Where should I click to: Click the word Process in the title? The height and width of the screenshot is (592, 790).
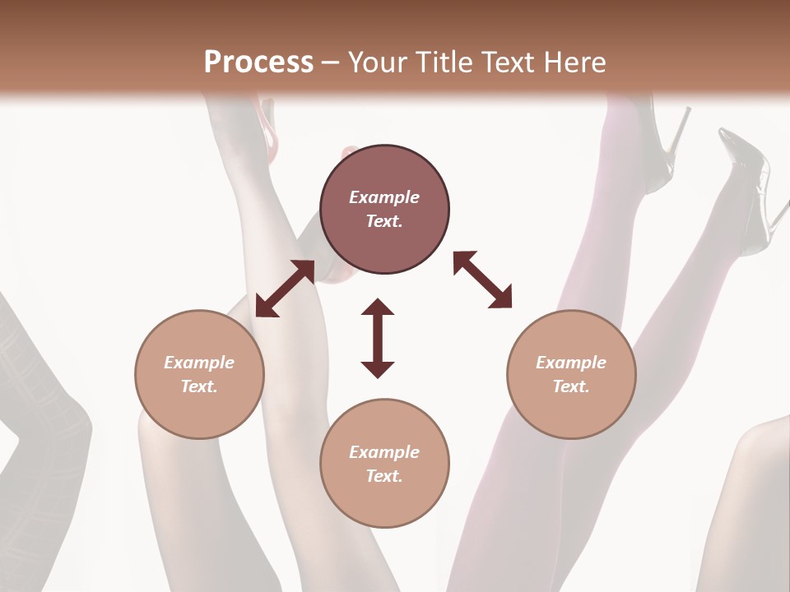[x=258, y=62]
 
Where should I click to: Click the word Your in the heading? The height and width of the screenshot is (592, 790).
[x=379, y=62]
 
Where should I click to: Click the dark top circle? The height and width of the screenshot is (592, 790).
[x=384, y=210]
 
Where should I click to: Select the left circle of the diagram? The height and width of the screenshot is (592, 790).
[x=199, y=374]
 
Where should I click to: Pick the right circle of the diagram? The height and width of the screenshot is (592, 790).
[x=571, y=374]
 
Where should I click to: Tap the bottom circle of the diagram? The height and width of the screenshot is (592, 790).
[x=384, y=464]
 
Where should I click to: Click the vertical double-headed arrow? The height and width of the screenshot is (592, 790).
[x=378, y=339]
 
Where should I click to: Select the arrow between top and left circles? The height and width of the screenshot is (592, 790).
[x=285, y=289]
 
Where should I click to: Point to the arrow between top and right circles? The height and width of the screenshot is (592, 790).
[x=482, y=280]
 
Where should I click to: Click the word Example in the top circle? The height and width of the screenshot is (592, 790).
[x=384, y=197]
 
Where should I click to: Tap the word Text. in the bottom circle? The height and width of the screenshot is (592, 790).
[x=384, y=476]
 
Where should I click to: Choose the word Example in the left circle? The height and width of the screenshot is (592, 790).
[x=199, y=363]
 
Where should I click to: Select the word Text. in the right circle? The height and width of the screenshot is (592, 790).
[x=571, y=386]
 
